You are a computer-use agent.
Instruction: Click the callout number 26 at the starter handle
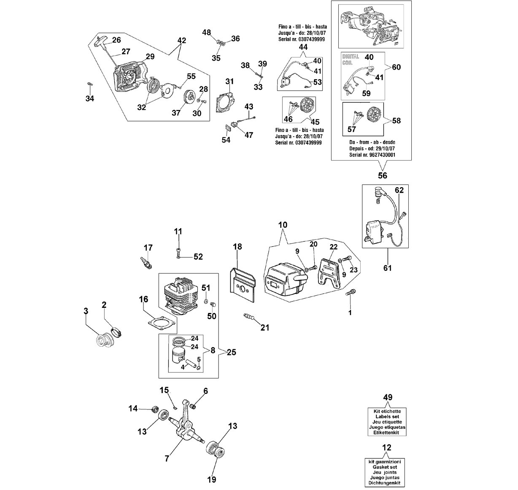116,40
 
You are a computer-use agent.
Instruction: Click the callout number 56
383,175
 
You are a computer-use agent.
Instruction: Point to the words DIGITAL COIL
351,59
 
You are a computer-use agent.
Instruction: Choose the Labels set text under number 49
387,417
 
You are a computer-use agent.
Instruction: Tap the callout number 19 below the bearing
212,479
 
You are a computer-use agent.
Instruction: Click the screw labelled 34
90,84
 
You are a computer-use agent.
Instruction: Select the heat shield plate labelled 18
243,285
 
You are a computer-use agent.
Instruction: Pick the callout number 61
387,268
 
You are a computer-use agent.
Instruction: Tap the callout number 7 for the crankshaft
167,459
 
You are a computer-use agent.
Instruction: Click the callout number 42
181,40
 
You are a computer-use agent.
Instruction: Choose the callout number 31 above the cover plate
229,81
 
